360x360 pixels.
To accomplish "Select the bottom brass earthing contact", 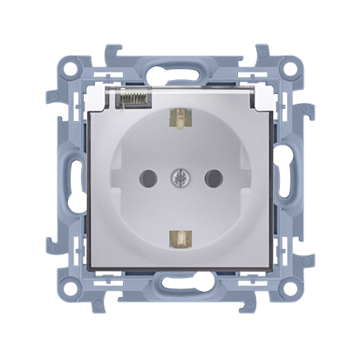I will point(180,235).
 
